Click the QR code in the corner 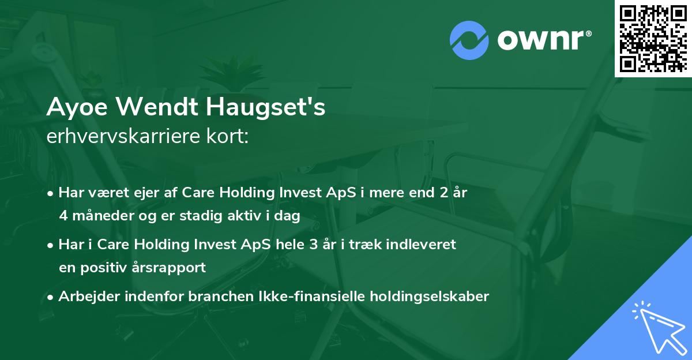(x=653, y=38)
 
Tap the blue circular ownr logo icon (x=469, y=40)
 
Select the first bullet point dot (x=52, y=193)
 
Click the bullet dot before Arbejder (x=52, y=297)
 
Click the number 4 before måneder (x=63, y=216)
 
